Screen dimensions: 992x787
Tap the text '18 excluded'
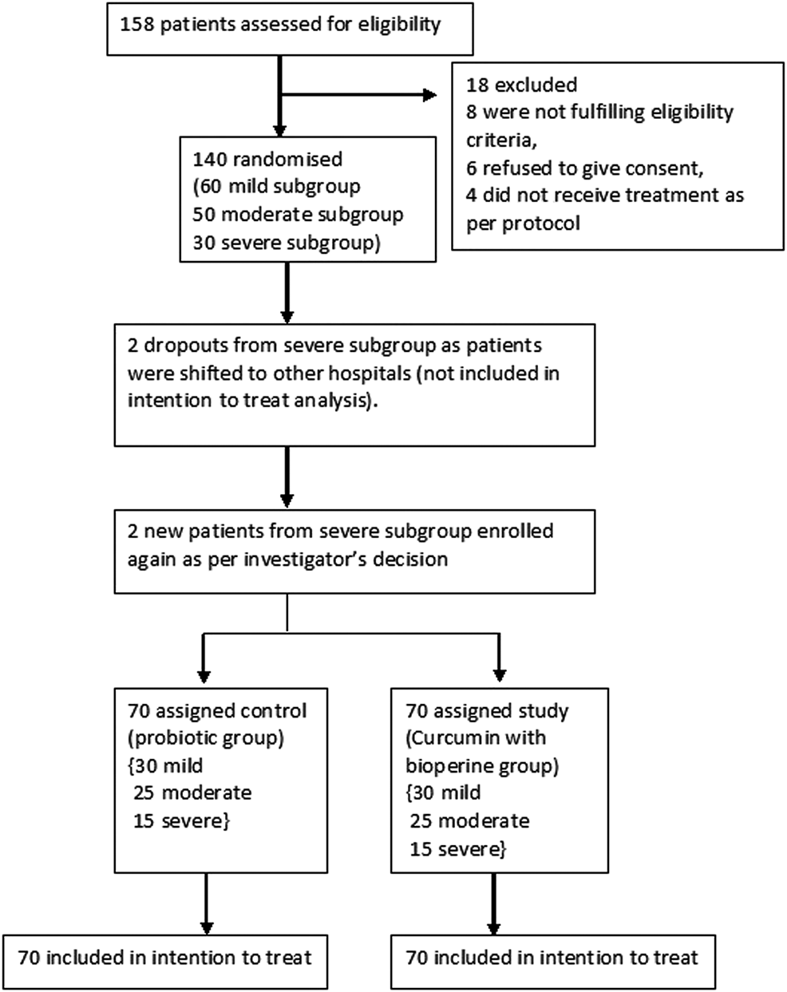522,85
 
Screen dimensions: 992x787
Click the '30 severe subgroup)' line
284,243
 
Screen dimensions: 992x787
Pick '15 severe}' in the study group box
457,849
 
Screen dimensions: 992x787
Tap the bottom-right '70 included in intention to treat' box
552,957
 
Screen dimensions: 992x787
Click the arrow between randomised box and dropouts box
287,292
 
